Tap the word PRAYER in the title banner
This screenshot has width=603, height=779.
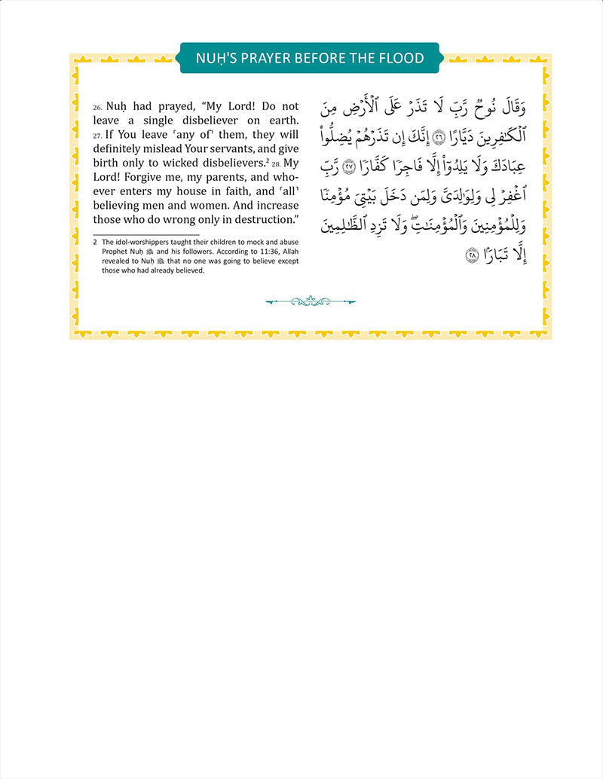265,58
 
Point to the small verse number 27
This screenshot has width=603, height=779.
97,137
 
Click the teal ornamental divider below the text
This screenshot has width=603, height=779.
310,302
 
